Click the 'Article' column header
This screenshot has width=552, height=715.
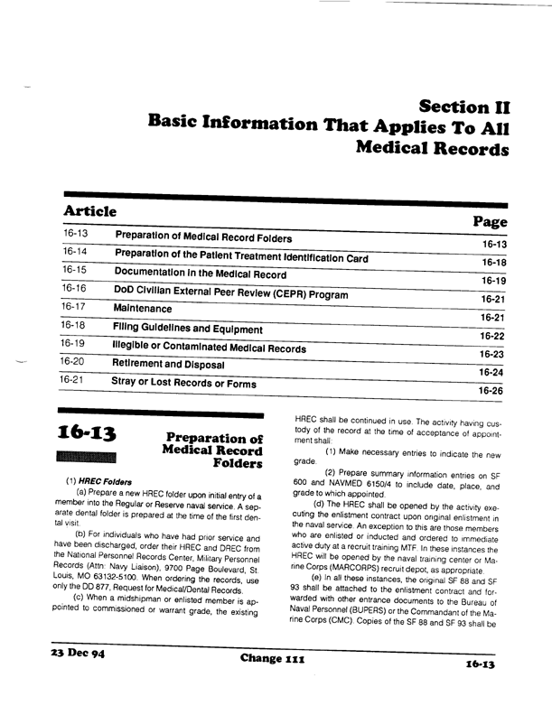point(89,211)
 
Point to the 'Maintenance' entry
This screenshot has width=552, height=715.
point(142,309)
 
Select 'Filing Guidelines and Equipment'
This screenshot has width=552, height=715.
point(187,329)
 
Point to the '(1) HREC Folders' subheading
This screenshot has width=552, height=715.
point(98,481)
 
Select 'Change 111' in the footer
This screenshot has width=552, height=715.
point(274,684)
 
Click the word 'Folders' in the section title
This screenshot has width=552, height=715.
point(236,464)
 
